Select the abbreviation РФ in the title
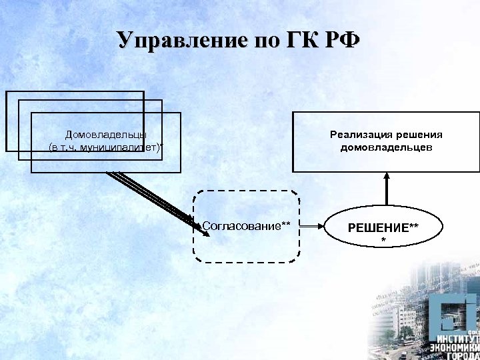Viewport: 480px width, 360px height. click(x=340, y=40)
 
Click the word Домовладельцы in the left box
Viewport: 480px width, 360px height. click(x=106, y=134)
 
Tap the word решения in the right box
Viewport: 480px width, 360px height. click(x=417, y=134)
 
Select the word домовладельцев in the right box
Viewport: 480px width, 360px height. click(x=386, y=147)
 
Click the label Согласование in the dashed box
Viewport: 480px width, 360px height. click(x=241, y=226)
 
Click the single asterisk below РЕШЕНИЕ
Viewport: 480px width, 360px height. click(x=383, y=240)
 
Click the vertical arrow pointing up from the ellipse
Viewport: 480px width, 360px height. click(x=384, y=190)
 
